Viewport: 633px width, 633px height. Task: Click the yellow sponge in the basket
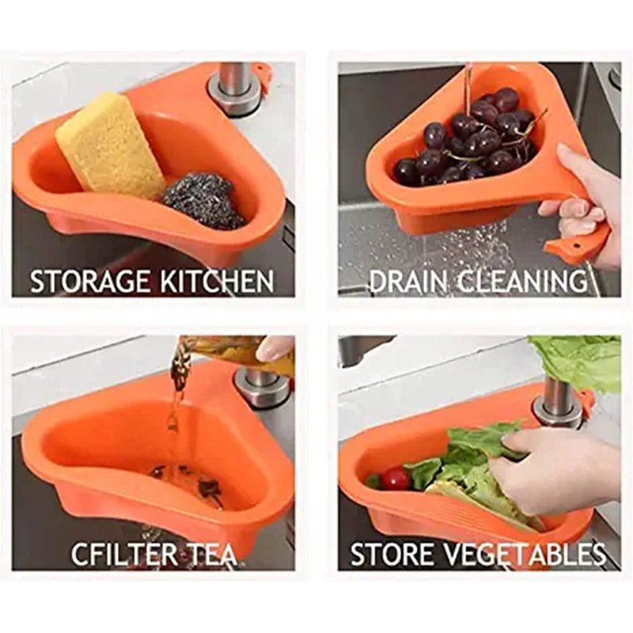111,146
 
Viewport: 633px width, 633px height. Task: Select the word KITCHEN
217,282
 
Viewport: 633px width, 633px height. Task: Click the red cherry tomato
395,479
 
